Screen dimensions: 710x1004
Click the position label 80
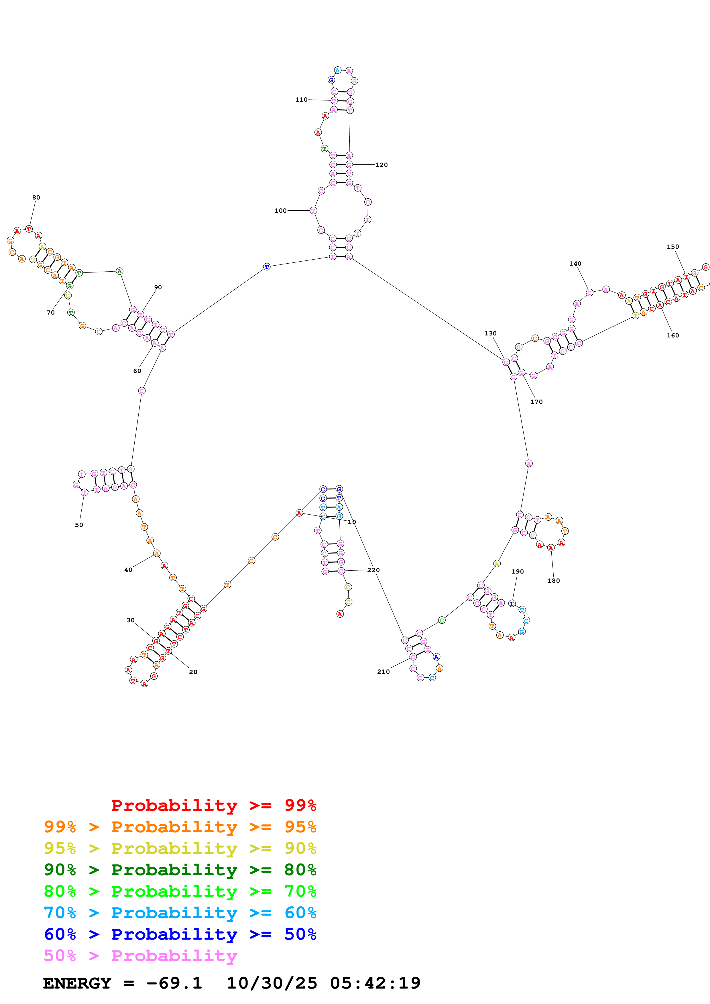coord(36,198)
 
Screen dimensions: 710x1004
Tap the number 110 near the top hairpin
coord(301,100)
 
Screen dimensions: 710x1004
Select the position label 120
coord(381,165)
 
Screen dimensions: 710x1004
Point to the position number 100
coord(280,211)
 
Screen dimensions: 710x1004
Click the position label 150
coord(673,247)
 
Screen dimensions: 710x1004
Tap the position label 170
coord(537,402)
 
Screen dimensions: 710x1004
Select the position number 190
coord(518,572)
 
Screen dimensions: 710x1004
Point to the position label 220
coord(373,570)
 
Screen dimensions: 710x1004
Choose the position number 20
coord(193,672)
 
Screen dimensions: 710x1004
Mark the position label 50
coord(79,525)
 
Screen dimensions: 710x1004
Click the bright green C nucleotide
coord(442,620)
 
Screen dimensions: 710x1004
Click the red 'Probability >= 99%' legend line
coord(213,805)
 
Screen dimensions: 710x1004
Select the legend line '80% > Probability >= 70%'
coord(180,891)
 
